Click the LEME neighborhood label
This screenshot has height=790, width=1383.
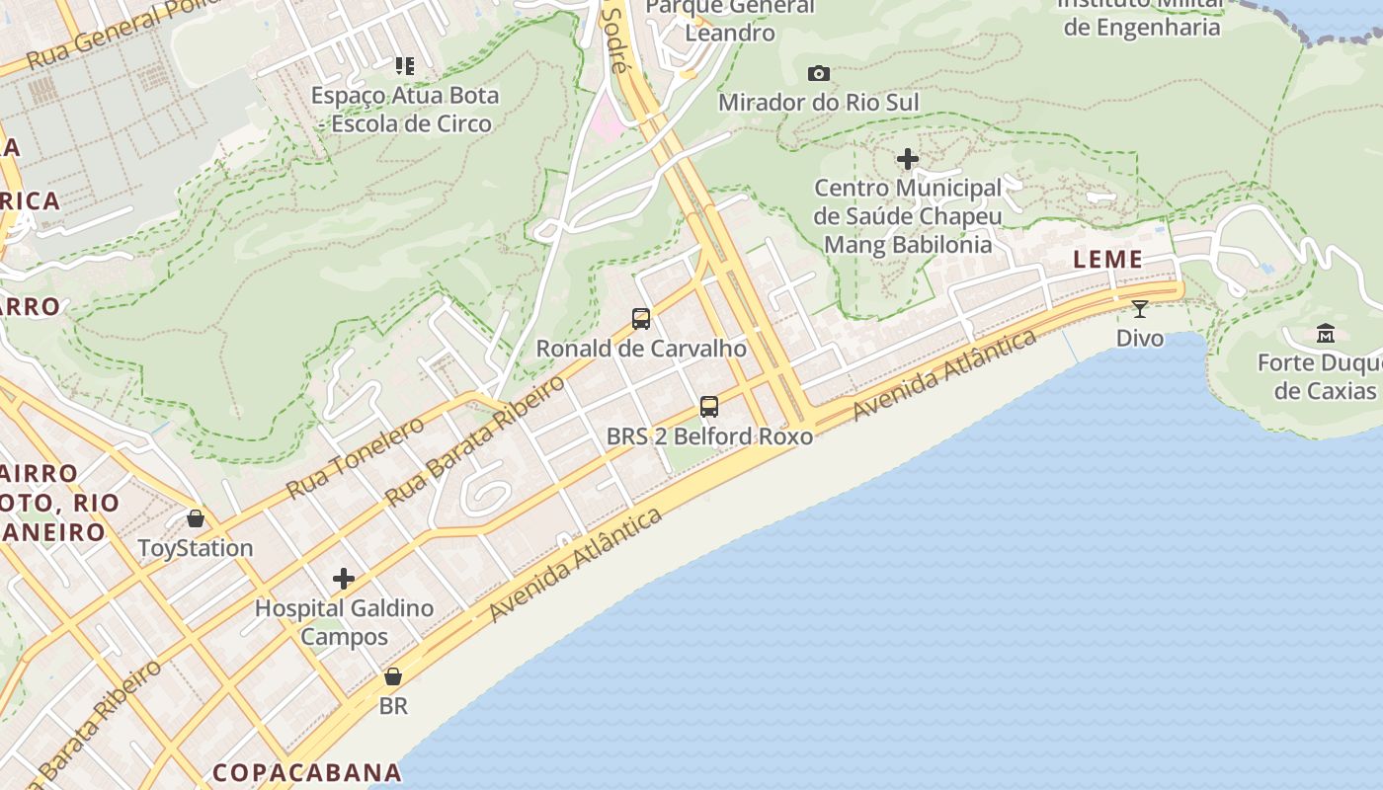click(1107, 260)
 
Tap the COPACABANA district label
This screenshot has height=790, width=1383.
click(307, 772)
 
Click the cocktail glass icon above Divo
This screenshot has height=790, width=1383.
click(1140, 309)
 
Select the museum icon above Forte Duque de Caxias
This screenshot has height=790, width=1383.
click(1326, 333)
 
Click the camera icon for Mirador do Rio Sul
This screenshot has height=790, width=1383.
click(818, 73)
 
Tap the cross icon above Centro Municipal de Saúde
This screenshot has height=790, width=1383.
click(907, 158)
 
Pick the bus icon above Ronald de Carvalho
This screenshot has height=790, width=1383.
click(641, 319)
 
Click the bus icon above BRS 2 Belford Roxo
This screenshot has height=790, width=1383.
click(709, 406)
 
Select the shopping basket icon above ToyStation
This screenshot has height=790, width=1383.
click(196, 518)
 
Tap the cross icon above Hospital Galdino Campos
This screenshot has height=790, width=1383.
click(344, 579)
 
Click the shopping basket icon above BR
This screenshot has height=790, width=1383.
click(393, 676)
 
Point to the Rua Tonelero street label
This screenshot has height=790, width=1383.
click(355, 457)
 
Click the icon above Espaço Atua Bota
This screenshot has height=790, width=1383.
click(404, 66)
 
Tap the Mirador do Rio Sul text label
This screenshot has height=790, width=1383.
click(818, 103)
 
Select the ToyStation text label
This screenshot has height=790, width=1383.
click(196, 548)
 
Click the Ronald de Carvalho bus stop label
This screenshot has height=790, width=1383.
click(641, 349)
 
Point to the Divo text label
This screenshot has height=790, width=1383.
click(1140, 339)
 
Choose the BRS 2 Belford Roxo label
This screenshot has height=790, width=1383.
click(709, 436)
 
